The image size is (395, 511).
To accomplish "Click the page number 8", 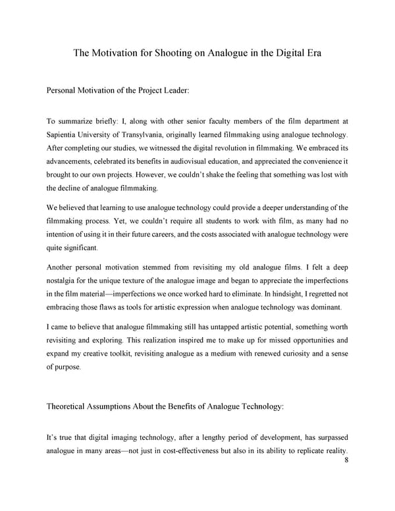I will click(x=346, y=462).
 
